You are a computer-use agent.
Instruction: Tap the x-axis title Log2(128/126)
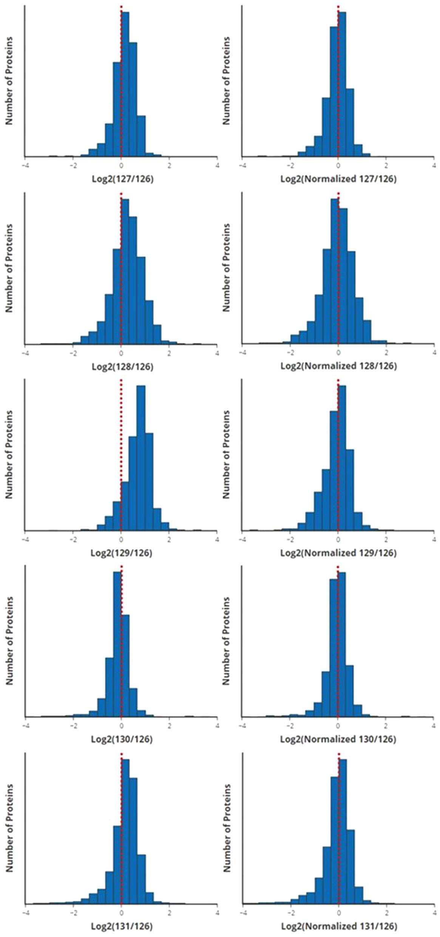(123, 366)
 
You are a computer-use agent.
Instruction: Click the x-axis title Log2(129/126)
(122, 553)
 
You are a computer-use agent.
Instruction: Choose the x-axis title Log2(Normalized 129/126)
(338, 553)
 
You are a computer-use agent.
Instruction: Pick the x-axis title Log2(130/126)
(122, 739)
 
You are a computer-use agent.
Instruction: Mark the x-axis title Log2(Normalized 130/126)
(338, 739)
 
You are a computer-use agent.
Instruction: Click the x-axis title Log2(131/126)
(122, 926)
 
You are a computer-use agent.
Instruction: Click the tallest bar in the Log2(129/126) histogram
(141, 458)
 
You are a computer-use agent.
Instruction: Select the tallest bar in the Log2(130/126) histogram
(117, 644)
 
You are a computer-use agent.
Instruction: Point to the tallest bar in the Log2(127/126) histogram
(125, 84)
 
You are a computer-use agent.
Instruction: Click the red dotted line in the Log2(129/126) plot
(121, 455)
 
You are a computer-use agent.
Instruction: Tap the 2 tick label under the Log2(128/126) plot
(169, 353)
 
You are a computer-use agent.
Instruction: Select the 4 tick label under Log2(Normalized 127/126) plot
(434, 165)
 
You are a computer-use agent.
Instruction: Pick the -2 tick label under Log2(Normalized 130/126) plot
(290, 725)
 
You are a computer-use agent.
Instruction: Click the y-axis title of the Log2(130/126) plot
(9, 641)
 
